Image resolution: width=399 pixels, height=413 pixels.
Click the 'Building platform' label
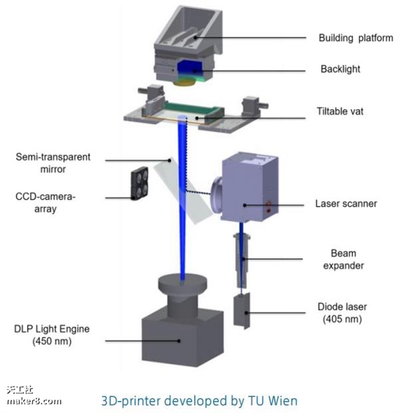click(356, 38)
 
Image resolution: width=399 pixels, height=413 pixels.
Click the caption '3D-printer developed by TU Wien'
click(199, 400)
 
